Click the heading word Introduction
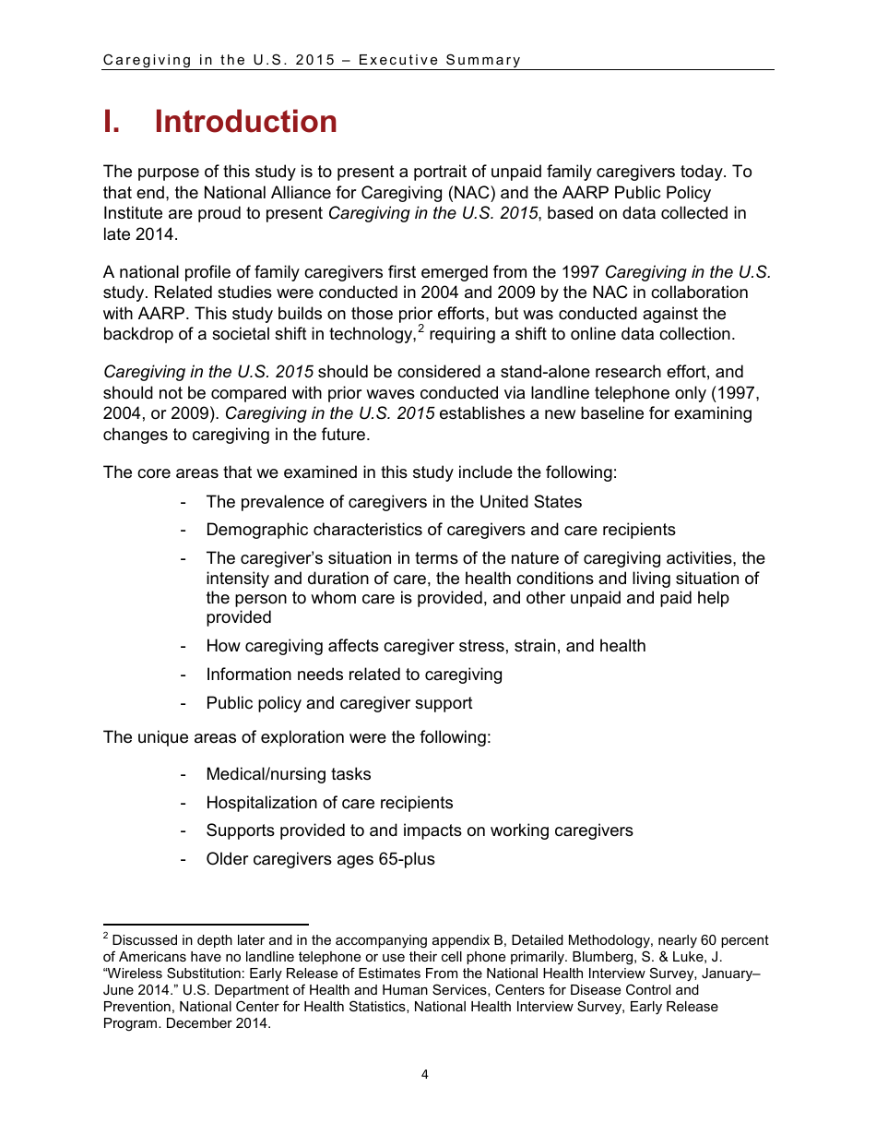[245, 122]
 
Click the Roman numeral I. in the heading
[112, 122]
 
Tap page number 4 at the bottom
[424, 1074]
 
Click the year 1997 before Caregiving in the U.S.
[580, 272]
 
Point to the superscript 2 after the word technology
[420, 329]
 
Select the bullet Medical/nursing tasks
[288, 774]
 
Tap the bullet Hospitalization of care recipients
[329, 803]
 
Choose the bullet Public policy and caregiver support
[338, 703]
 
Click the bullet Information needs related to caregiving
[353, 675]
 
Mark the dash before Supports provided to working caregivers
[185, 830]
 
